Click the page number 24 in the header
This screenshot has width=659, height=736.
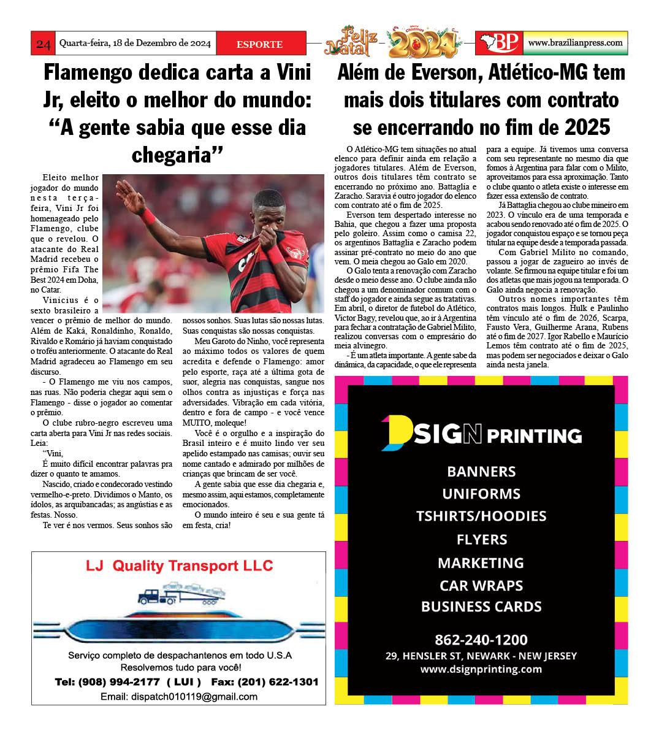coord(43,44)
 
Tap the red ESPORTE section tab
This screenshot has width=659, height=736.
coord(259,44)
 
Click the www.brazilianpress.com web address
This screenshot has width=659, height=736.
coord(575,43)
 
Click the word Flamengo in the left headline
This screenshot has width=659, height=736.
coord(88,72)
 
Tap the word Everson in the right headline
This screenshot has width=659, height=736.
coord(443,72)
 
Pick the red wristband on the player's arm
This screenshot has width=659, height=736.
coord(148,215)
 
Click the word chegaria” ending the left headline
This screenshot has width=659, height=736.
coord(177,154)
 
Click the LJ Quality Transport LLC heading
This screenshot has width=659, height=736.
coord(179,565)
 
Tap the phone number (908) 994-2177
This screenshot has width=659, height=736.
coord(117,682)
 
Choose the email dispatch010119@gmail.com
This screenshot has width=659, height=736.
coord(179,697)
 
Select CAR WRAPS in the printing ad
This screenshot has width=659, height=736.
coord(481,585)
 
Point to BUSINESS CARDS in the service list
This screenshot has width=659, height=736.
coord(481,607)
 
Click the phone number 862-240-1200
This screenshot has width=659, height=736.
coord(481,640)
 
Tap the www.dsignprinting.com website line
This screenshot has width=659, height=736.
coord(481,669)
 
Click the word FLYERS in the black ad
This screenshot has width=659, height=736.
coord(481,540)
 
